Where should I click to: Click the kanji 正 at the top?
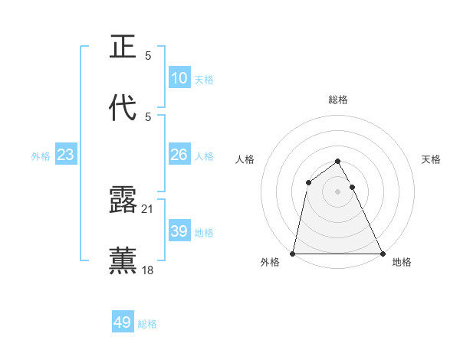pyautogui.click(x=123, y=47)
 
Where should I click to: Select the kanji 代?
pyautogui.click(x=123, y=108)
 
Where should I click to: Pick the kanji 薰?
pyautogui.click(x=123, y=260)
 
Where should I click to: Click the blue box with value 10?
pyautogui.click(x=179, y=78)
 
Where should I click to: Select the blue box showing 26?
pyautogui.click(x=179, y=155)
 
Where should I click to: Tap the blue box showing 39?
pyautogui.click(x=179, y=231)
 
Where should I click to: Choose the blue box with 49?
pyautogui.click(x=123, y=323)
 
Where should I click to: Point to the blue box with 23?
pyautogui.click(x=66, y=155)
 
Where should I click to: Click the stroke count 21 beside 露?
pyautogui.click(x=148, y=209)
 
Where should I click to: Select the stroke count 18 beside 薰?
pyautogui.click(x=148, y=270)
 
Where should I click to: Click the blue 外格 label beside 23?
pyautogui.click(x=41, y=155)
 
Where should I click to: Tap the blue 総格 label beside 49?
pyautogui.click(x=147, y=324)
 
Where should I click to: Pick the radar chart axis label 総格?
pyautogui.click(x=338, y=100)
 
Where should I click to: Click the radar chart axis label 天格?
pyautogui.click(x=431, y=159)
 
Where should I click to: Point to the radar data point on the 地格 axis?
pyautogui.click(x=382, y=253)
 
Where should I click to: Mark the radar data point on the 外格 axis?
pyautogui.click(x=294, y=253)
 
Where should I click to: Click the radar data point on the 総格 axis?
pyautogui.click(x=338, y=162)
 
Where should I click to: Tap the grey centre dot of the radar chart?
pyautogui.click(x=338, y=191)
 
